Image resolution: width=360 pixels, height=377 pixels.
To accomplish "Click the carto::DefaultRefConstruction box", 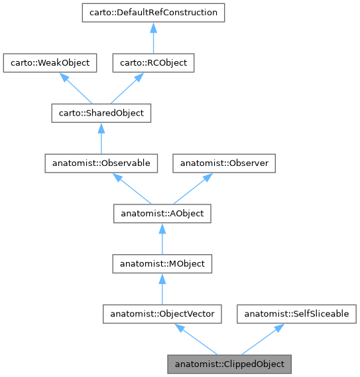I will (152, 13).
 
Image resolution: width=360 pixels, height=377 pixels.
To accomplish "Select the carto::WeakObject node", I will (50, 63).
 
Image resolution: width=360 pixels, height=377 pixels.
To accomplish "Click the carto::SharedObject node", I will (101, 113).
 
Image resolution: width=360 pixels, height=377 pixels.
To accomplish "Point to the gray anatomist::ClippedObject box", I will (229, 364).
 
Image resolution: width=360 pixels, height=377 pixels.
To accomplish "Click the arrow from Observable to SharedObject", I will (101, 139).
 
